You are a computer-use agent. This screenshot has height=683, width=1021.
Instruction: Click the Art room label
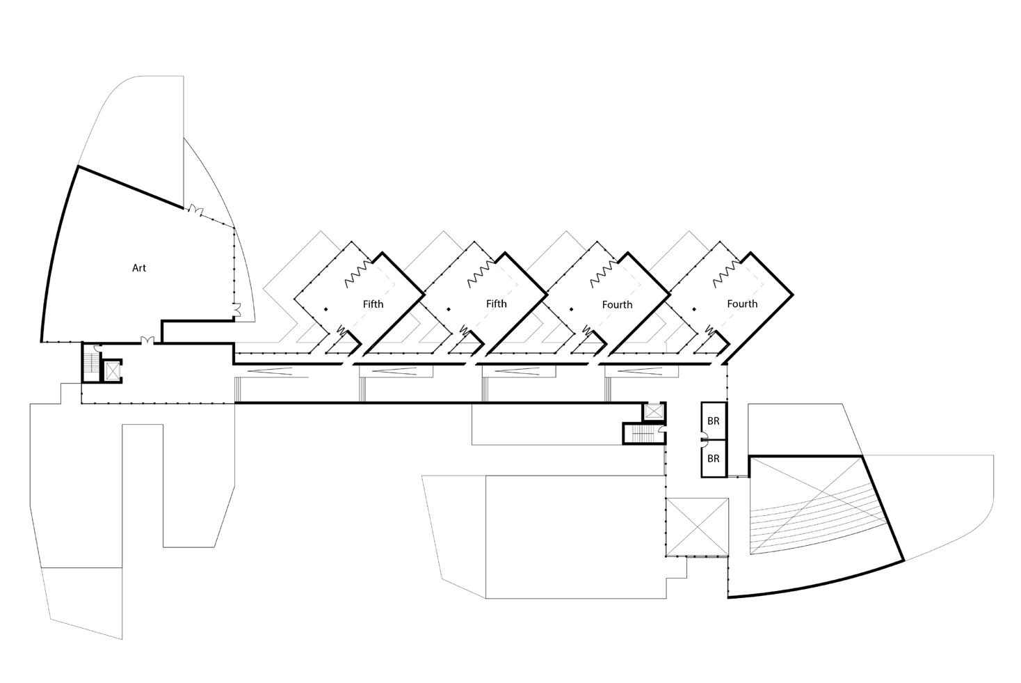point(139,268)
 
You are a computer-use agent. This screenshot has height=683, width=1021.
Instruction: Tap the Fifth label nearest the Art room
point(373,304)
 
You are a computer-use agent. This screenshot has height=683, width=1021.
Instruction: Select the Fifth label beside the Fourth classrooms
point(496,304)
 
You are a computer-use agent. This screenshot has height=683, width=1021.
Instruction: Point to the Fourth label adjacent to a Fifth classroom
point(617,304)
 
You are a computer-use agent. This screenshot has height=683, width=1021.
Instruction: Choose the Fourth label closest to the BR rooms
point(742,304)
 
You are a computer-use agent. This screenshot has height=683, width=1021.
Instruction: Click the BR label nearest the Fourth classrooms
point(713,421)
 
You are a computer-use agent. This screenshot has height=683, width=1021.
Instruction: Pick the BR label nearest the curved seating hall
point(713,460)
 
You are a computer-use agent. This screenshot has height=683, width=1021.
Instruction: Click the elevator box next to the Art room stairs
point(111,369)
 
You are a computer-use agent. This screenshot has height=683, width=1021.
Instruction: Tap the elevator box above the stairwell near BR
point(654,411)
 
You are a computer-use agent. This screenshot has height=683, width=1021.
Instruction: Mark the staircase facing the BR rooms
point(642,434)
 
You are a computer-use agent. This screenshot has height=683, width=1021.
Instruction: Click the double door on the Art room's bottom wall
point(147,340)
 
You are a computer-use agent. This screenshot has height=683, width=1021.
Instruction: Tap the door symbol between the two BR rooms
point(704,439)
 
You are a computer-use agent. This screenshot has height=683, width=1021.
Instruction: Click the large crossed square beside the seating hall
point(697,526)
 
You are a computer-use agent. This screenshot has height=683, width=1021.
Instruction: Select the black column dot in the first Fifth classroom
point(325,309)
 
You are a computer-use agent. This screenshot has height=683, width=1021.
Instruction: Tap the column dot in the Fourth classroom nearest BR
point(693,309)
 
